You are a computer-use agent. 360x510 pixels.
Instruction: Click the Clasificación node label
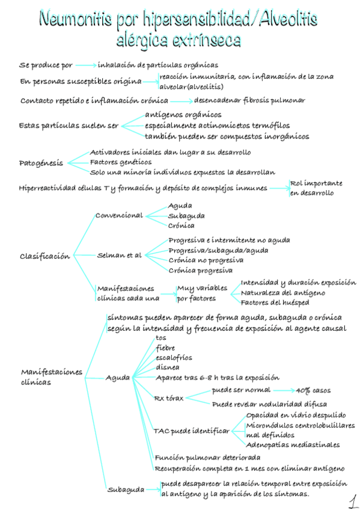point(44,256)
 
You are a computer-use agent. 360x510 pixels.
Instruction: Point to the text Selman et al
point(120,255)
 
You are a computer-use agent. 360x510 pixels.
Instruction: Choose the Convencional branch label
point(119,215)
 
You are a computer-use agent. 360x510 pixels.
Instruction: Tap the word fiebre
point(165,348)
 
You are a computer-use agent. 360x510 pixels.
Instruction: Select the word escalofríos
point(174,357)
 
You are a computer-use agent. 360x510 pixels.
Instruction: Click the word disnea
point(166,367)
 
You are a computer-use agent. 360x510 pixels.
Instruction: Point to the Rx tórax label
point(169,398)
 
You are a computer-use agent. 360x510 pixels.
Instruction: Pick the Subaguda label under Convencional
point(186,215)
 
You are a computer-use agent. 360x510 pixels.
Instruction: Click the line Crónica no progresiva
point(206,260)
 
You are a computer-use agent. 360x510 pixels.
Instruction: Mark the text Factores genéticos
point(120,162)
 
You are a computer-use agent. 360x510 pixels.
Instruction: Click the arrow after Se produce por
point(86,64)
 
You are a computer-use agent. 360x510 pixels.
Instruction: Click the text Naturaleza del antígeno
point(283,293)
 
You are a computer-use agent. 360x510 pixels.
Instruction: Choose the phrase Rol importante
point(316,183)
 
